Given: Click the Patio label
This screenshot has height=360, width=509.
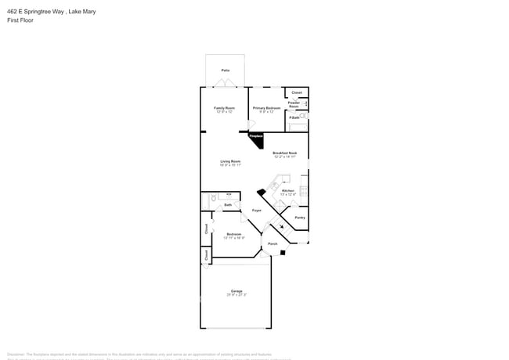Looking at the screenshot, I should [x=225, y=70].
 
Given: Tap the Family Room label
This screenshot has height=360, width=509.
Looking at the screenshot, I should [x=225, y=108].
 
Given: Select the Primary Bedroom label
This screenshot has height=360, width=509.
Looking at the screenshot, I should [x=267, y=108].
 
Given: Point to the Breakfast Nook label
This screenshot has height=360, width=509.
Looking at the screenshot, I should [x=284, y=153].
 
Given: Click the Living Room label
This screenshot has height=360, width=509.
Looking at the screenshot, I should [x=230, y=161].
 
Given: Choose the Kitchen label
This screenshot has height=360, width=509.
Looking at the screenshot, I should [x=287, y=191].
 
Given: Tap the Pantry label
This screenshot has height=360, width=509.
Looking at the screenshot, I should [x=299, y=218].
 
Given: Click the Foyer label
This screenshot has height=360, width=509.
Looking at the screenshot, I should [x=256, y=211].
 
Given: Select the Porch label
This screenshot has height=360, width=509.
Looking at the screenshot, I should [x=273, y=244].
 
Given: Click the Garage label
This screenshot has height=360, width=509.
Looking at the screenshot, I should [x=236, y=291].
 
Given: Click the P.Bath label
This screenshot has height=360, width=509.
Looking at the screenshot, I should [x=294, y=118].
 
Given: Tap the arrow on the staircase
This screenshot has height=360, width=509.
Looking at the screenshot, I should [x=283, y=228].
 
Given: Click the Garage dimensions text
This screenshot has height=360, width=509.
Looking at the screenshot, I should [x=236, y=295].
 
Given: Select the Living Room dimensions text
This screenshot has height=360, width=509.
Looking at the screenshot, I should [x=230, y=165].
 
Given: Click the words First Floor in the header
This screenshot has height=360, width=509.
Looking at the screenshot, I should [x=20, y=20].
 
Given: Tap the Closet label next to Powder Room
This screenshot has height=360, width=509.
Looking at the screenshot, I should [x=296, y=92].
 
